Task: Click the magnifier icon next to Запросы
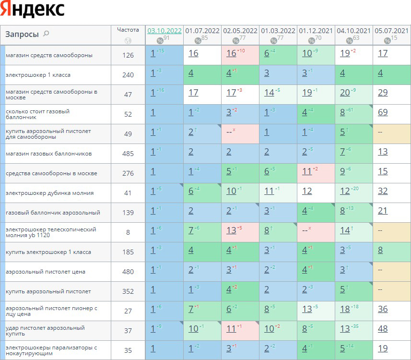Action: pyautogui.click(x=46, y=34)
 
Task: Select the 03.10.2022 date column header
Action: pyautogui.click(x=164, y=31)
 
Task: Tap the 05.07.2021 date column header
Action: pyautogui.click(x=392, y=31)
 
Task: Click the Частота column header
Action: pyautogui.click(x=128, y=30)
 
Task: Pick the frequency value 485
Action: pyautogui.click(x=128, y=154)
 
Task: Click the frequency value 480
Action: pyautogui.click(x=128, y=272)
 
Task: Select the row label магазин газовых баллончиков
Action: pyautogui.click(x=48, y=154)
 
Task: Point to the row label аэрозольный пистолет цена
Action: pyautogui.click(x=45, y=272)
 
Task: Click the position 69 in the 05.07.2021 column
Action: pyautogui.click(x=382, y=112)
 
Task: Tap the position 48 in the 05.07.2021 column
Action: pyautogui.click(x=382, y=329)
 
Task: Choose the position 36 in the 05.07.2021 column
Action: pyautogui.click(x=382, y=309)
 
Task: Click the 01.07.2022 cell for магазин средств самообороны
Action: pyautogui.click(x=193, y=53)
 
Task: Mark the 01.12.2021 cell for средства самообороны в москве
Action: pyautogui.click(x=307, y=171)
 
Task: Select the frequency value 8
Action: pyautogui.click(x=128, y=232)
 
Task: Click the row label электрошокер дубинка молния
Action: pyautogui.click(x=49, y=193)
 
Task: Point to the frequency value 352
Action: pyautogui.click(x=128, y=291)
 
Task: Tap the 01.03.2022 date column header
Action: pyautogui.click(x=278, y=31)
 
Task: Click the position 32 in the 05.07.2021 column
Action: pyautogui.click(x=382, y=191)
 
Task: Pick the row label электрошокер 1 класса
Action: pyautogui.click(x=38, y=75)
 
